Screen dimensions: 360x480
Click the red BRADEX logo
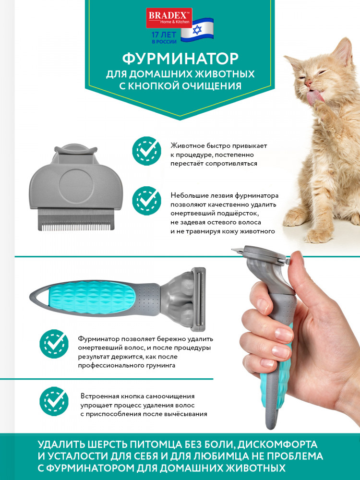169,18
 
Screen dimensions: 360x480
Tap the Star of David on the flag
197,30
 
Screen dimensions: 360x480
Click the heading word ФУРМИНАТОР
180,58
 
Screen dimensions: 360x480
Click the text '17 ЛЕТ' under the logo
164,35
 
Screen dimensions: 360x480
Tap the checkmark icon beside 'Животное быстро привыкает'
146,151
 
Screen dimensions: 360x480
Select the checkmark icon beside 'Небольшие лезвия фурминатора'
146,201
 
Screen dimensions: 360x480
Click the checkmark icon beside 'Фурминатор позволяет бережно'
54,344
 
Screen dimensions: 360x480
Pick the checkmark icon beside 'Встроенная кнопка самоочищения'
54,401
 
